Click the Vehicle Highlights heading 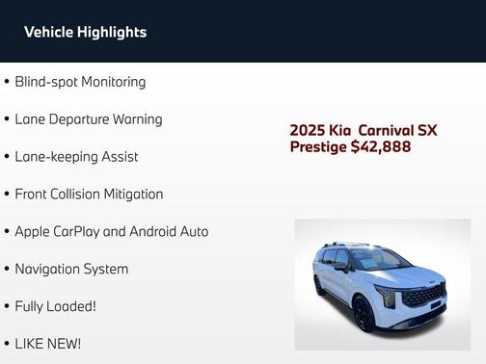[85, 32]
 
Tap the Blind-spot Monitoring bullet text [80, 82]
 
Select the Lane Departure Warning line [88, 119]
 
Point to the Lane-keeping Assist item [76, 157]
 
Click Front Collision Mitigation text [89, 195]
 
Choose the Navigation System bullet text [71, 270]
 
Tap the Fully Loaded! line [55, 306]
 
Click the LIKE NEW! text [47, 344]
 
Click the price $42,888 [381, 147]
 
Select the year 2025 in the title [309, 130]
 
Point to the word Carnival [383, 130]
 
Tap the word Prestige [318, 147]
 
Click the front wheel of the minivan [364, 312]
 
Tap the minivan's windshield [378, 259]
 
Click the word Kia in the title [342, 130]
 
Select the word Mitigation [133, 195]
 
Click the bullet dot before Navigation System [7, 270]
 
